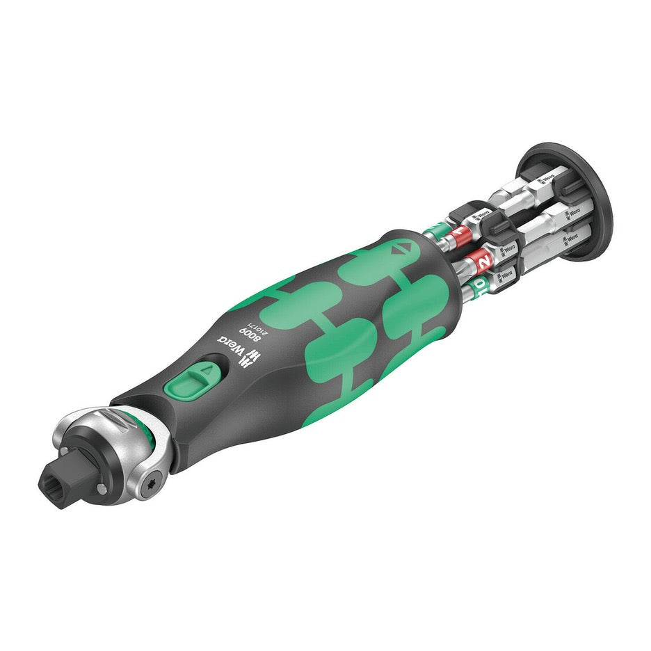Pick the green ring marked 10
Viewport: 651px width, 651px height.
pyautogui.click(x=481, y=286)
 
